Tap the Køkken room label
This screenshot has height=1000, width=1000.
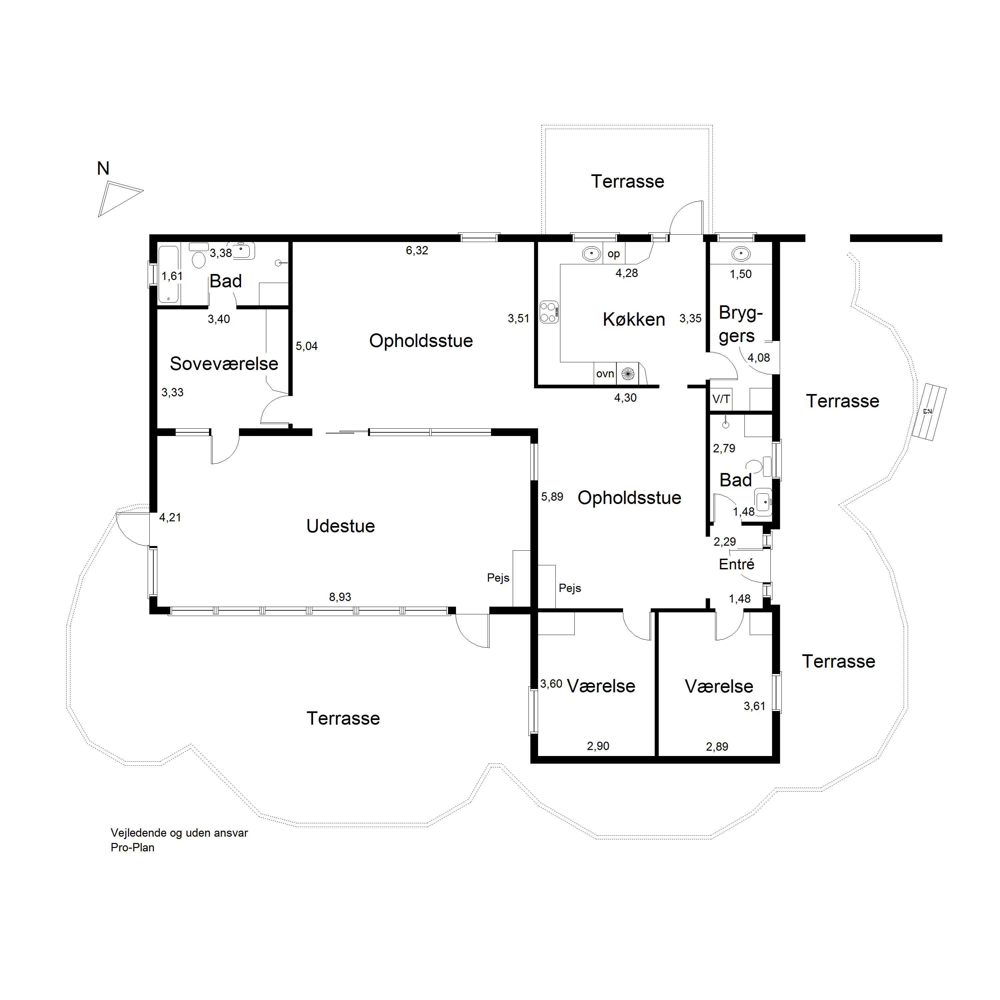pyautogui.click(x=634, y=319)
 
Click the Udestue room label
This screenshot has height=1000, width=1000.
pyautogui.click(x=341, y=526)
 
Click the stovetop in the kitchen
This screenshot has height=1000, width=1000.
pyautogui.click(x=549, y=312)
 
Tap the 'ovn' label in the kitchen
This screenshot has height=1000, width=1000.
pyautogui.click(x=605, y=374)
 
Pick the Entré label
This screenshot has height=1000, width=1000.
pyautogui.click(x=737, y=564)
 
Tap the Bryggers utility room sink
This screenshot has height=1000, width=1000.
pyautogui.click(x=741, y=254)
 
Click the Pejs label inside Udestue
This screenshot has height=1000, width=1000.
pyautogui.click(x=498, y=578)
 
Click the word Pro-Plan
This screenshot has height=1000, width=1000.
pyautogui.click(x=133, y=848)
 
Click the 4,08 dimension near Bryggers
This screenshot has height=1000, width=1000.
pyautogui.click(x=758, y=358)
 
